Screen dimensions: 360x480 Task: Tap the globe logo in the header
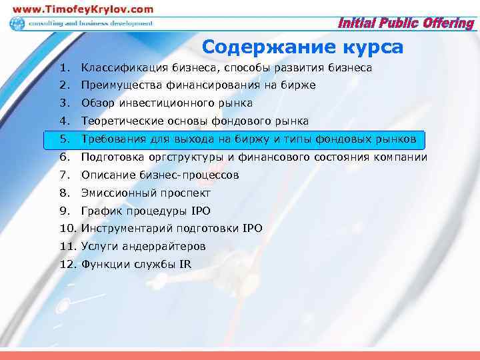(x=17, y=24)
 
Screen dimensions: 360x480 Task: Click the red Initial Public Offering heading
(x=407, y=24)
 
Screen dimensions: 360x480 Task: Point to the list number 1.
(x=63, y=68)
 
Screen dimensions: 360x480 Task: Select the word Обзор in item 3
(x=97, y=103)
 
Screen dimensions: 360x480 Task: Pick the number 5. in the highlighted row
(x=63, y=139)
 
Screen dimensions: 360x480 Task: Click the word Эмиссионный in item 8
(x=119, y=193)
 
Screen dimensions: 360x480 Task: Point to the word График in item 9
(x=100, y=211)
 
